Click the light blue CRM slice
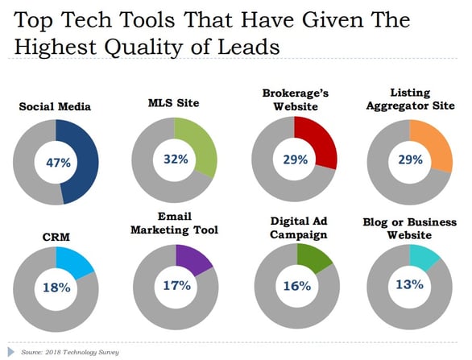[x=74, y=261]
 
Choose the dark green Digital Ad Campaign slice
[x=313, y=258]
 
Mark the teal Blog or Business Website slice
[x=424, y=256]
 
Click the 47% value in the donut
[x=58, y=163]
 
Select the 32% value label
[x=176, y=159]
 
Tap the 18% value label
[x=56, y=288]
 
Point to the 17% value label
[x=176, y=285]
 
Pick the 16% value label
[x=297, y=286]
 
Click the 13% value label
[x=409, y=284]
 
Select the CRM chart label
[x=56, y=238]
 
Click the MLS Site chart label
[x=174, y=103]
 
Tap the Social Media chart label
[x=55, y=106]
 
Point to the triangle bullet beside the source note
[x=11, y=352]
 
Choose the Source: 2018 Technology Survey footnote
[x=70, y=352]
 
